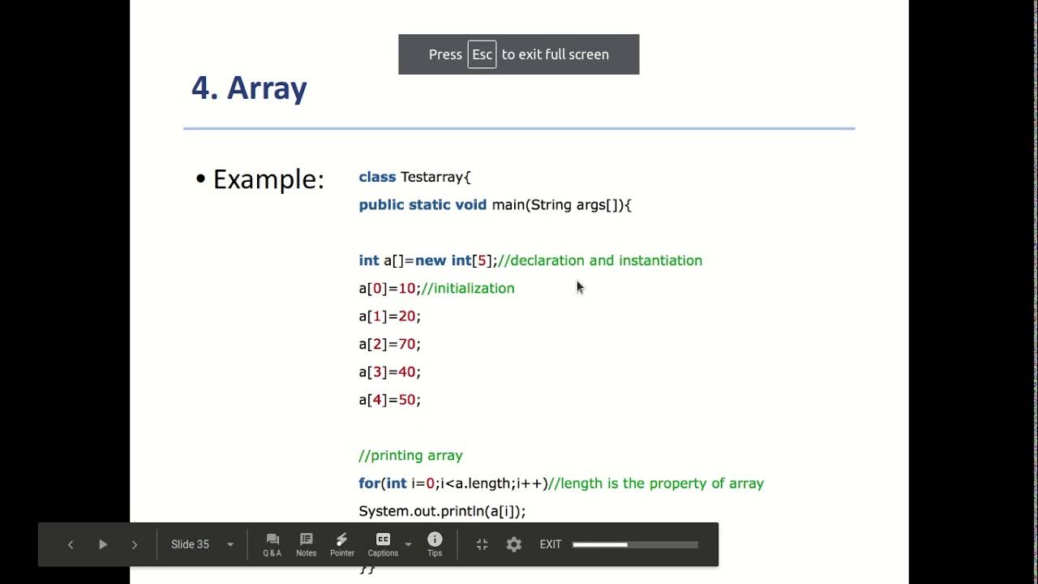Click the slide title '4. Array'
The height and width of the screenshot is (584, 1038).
[249, 88]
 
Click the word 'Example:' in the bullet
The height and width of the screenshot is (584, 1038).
[268, 179]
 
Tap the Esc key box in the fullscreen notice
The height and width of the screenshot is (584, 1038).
[482, 54]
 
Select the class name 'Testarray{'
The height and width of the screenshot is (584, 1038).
[435, 177]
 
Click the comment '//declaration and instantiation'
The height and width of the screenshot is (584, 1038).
[600, 260]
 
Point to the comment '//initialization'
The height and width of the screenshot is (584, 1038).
[468, 288]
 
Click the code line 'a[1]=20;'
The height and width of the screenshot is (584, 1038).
[390, 316]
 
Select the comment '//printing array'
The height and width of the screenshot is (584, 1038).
[410, 455]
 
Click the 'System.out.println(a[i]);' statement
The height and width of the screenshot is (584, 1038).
[442, 511]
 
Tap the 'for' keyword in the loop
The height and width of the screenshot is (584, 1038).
[369, 483]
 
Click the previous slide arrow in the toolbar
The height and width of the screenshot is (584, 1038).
[71, 544]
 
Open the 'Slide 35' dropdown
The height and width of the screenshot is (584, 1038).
[202, 544]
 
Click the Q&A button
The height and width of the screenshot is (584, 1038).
[272, 544]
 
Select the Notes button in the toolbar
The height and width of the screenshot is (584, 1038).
[306, 544]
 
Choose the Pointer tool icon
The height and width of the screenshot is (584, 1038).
[341, 544]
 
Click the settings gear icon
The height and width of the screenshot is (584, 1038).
[514, 544]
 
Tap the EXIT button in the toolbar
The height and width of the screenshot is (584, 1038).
[551, 544]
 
